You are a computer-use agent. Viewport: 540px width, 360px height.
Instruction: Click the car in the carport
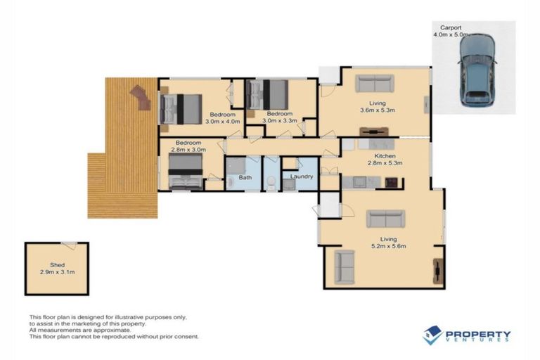476,69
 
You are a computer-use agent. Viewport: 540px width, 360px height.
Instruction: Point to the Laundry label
302,176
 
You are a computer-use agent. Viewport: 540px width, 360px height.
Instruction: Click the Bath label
245,177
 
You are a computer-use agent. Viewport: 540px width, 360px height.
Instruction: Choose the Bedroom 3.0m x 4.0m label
222,117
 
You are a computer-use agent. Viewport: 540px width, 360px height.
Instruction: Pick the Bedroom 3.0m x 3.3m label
279,117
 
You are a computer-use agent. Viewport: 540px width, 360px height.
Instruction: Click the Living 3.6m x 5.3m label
378,106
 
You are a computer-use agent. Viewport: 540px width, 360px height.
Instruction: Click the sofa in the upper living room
375,84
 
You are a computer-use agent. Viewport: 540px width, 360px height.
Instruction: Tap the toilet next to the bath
271,182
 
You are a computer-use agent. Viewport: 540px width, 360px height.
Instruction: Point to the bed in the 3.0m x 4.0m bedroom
181,107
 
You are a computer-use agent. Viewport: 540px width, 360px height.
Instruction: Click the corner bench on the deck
140,97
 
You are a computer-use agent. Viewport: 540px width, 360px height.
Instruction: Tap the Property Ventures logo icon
432,335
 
